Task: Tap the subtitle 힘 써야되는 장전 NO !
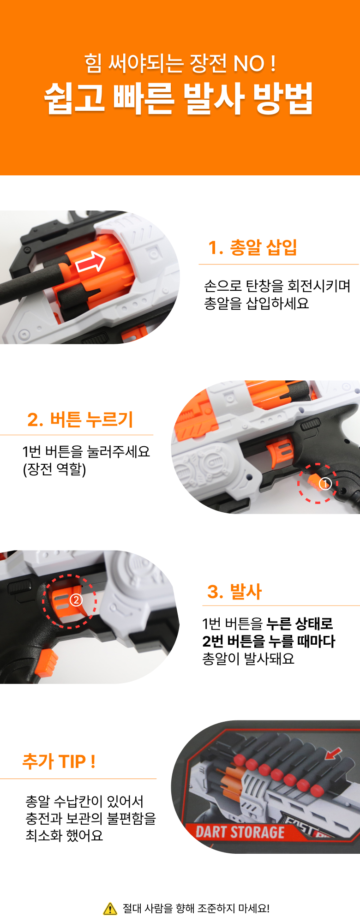pyautogui.click(x=180, y=63)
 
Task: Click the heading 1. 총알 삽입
pyautogui.click(x=252, y=247)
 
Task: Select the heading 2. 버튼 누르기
pyautogui.click(x=80, y=420)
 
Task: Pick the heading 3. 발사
pyautogui.click(x=234, y=591)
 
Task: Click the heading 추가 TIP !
pyautogui.click(x=59, y=761)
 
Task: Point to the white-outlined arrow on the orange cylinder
pyautogui.click(x=91, y=263)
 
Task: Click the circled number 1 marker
pyautogui.click(x=325, y=484)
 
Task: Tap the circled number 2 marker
pyautogui.click(x=76, y=600)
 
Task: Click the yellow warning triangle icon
pyautogui.click(x=110, y=909)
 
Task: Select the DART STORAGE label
pyautogui.click(x=240, y=832)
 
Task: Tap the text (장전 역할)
pyautogui.click(x=54, y=469)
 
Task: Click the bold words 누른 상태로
pyautogui.click(x=300, y=623)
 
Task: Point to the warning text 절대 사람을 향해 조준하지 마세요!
pyautogui.click(x=196, y=909)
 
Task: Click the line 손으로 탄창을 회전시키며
pyautogui.click(x=277, y=286)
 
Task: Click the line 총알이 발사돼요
pyautogui.click(x=248, y=658)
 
